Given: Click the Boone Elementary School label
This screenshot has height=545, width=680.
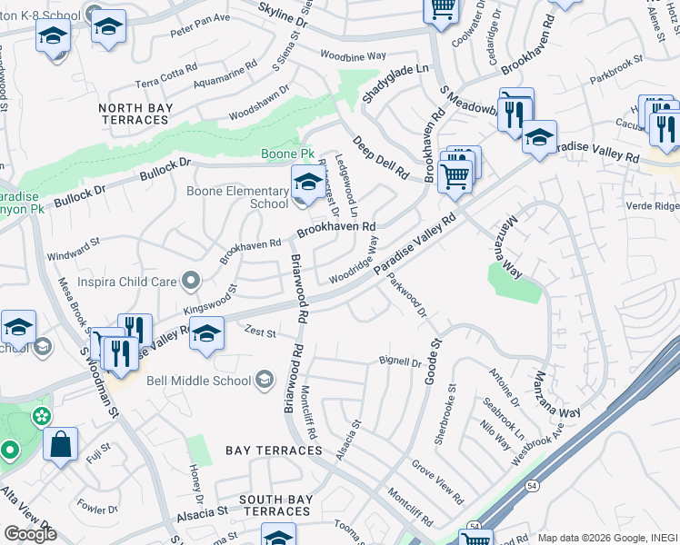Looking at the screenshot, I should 236,197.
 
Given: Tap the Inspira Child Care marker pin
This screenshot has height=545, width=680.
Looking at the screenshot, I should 190,282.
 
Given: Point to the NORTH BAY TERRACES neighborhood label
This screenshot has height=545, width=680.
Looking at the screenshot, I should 135,114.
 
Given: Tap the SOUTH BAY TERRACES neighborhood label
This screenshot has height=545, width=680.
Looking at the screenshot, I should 276,506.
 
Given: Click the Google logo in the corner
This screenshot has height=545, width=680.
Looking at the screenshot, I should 30,534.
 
